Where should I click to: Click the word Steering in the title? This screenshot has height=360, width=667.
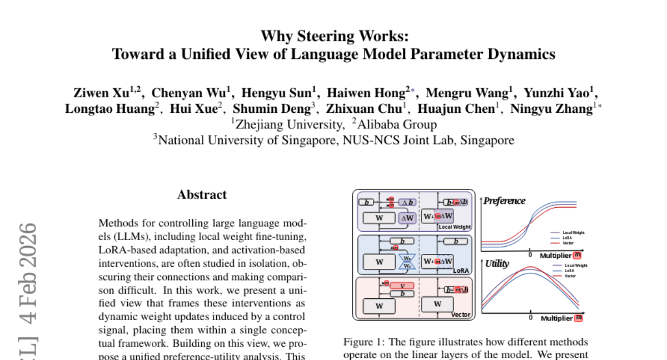coord(323,37)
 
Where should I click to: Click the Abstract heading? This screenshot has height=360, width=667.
coord(202,195)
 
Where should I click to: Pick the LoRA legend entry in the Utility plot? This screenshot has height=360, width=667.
coord(569,271)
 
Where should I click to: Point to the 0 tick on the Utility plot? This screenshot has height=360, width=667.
coord(531,317)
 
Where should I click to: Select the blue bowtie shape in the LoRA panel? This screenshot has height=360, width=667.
coord(407,262)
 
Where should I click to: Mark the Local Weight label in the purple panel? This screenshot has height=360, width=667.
coord(454,227)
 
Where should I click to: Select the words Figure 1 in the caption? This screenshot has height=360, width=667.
coord(361,342)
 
